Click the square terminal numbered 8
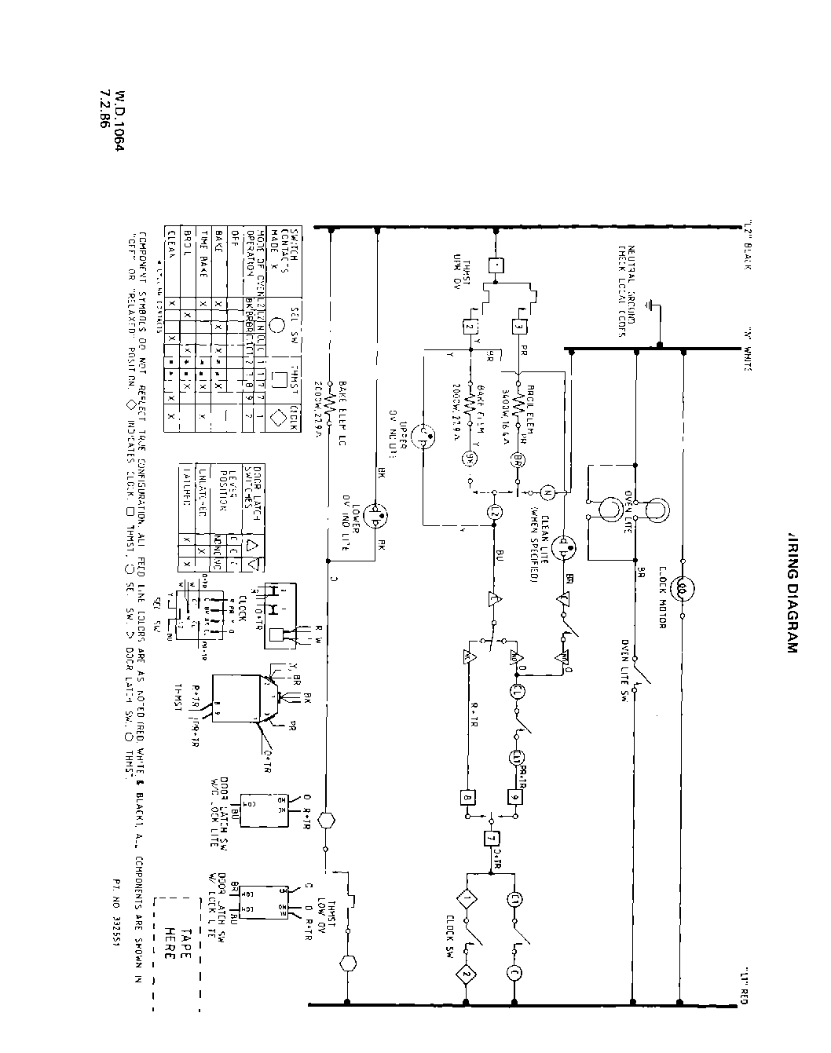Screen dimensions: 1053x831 tap(469, 799)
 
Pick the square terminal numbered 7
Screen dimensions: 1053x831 tap(492, 838)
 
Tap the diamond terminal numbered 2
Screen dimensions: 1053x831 tap(467, 976)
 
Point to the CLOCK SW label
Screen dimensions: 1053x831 tap(450, 940)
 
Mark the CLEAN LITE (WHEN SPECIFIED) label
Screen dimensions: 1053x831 tap(538, 543)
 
